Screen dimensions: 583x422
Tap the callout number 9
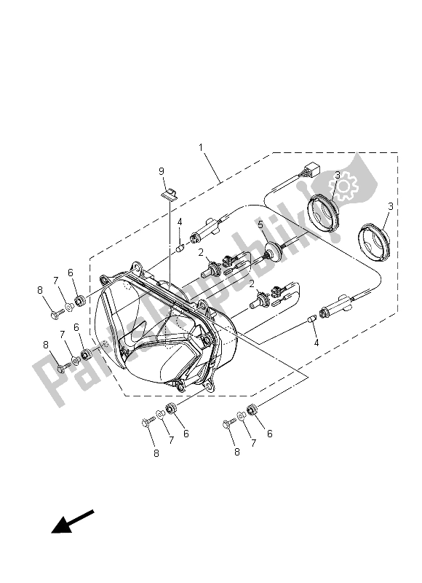[x=162, y=171]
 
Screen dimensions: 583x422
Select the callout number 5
[x=260, y=225]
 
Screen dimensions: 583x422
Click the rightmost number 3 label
[x=390, y=207]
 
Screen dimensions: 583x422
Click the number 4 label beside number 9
[x=179, y=222]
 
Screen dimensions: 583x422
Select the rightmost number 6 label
[x=270, y=434]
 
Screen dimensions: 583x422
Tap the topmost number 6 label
[x=71, y=273]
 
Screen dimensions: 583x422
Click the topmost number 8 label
[x=41, y=289]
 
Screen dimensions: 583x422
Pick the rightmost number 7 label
[x=251, y=442]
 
